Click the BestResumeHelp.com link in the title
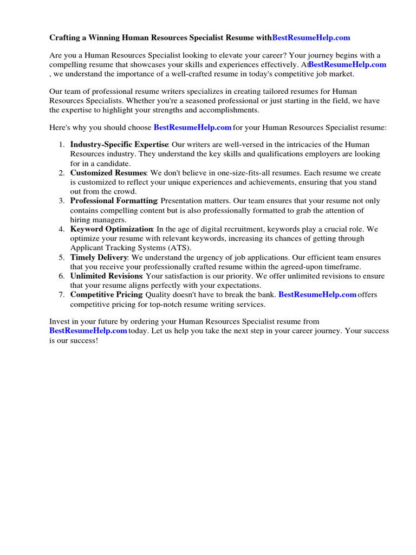(x=311, y=37)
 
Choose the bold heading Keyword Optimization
(x=112, y=229)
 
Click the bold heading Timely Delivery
(x=99, y=257)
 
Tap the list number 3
(x=62, y=201)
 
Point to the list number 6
(x=62, y=276)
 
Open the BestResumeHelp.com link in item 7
(x=317, y=295)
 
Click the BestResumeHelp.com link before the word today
(x=88, y=331)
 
